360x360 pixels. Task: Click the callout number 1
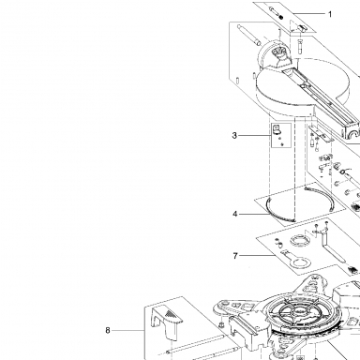coord(330,14)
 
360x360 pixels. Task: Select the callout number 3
coord(234,136)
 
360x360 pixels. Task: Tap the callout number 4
coord(235,214)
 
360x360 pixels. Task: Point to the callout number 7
coord(235,256)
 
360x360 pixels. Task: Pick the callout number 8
coord(108,330)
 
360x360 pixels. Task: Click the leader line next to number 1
coord(308,14)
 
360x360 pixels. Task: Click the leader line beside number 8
coord(128,330)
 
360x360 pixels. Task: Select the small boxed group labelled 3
coord(281,135)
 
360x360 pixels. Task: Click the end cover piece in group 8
coord(166,322)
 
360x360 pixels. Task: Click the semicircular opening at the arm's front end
coord(353,134)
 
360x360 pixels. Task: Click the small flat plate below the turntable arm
coord(321,133)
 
